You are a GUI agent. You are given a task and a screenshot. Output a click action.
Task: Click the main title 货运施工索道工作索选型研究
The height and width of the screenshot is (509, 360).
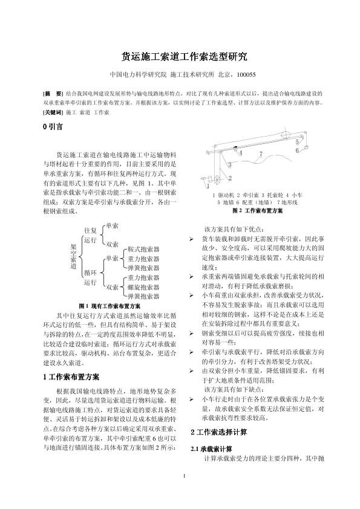(180, 57)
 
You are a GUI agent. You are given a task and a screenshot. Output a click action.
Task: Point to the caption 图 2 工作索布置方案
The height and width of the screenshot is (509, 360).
(257, 212)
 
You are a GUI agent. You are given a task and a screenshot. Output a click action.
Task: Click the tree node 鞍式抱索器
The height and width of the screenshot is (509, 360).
(143, 249)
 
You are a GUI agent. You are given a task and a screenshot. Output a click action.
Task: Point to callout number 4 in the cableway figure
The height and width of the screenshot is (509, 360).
(241, 153)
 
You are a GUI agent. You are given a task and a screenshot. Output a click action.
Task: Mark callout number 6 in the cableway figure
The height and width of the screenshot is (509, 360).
(297, 150)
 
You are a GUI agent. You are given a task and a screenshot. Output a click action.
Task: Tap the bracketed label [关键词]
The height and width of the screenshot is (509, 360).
(52, 112)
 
